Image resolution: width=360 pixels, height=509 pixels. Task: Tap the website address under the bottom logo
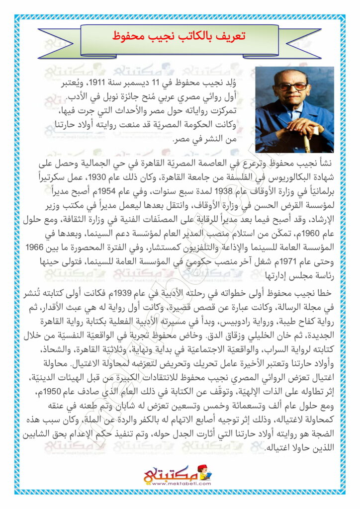point(180,483)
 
